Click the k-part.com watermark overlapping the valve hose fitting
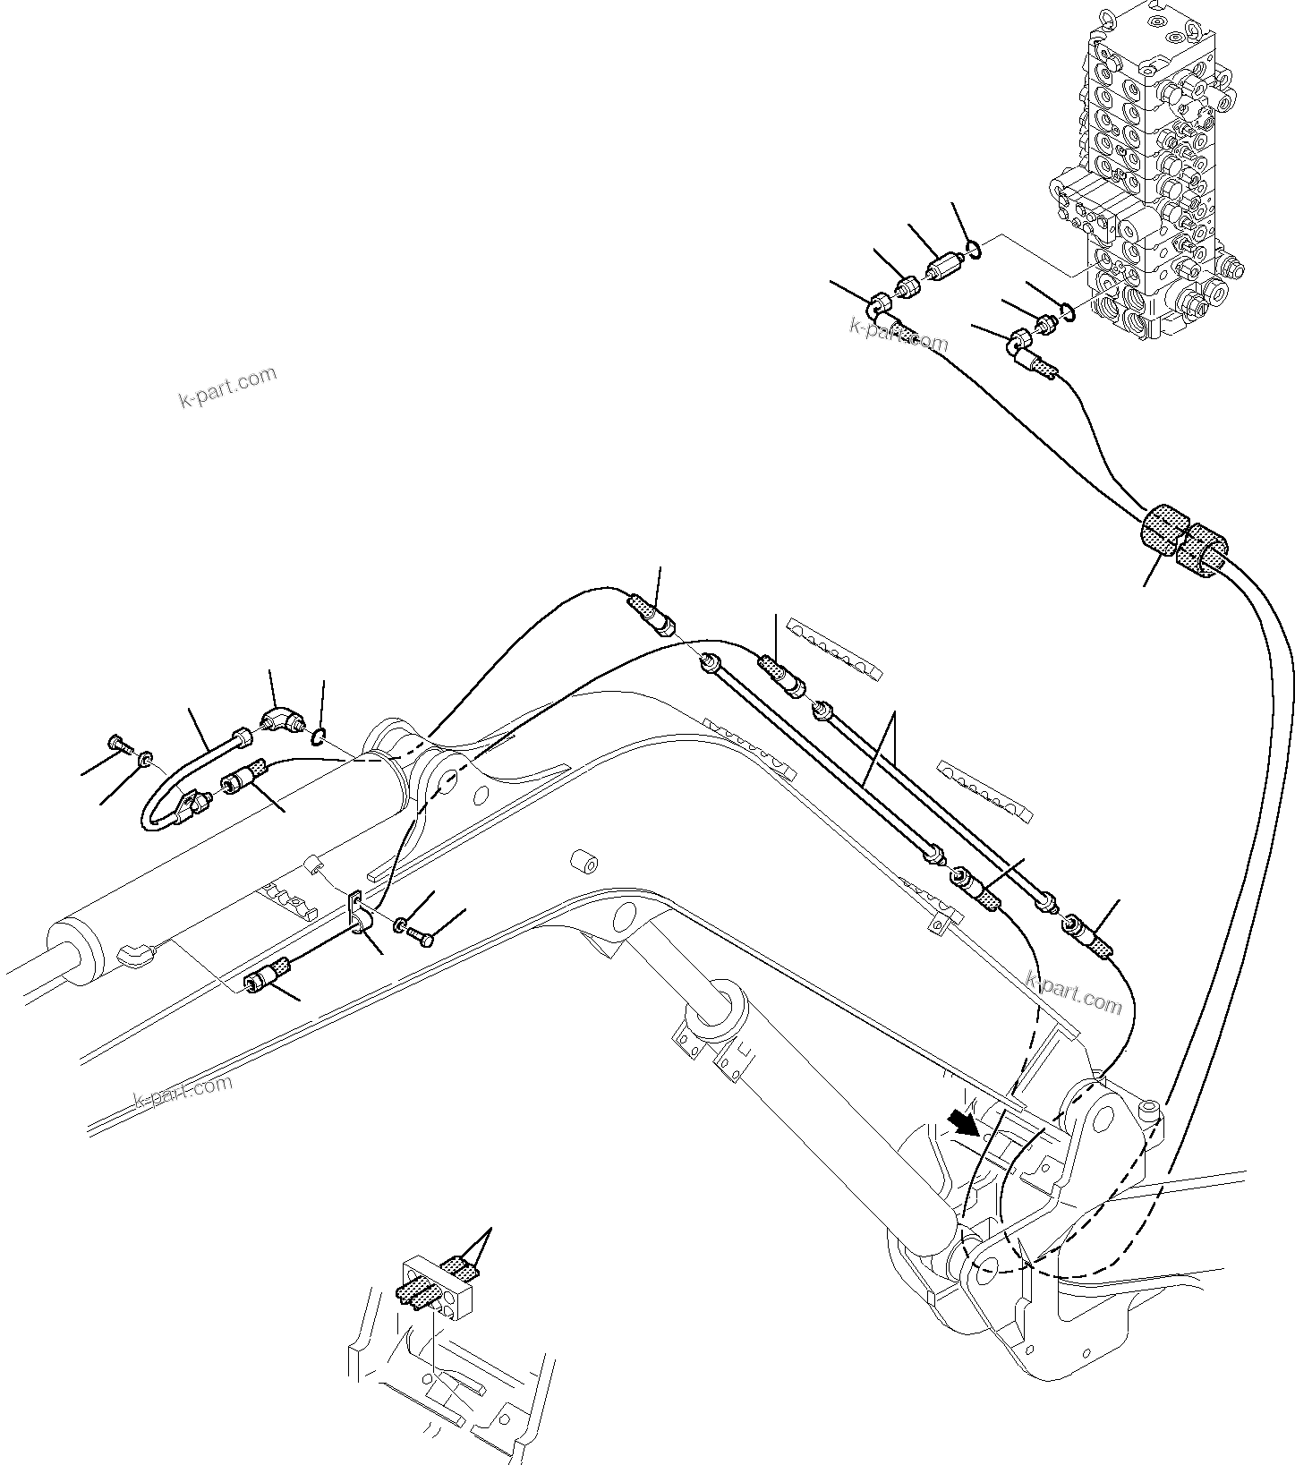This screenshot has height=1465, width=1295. (898, 335)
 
